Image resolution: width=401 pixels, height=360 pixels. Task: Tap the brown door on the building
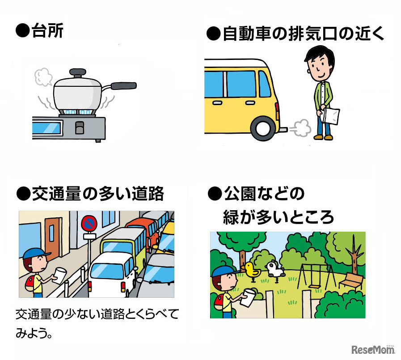coord(54,237)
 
